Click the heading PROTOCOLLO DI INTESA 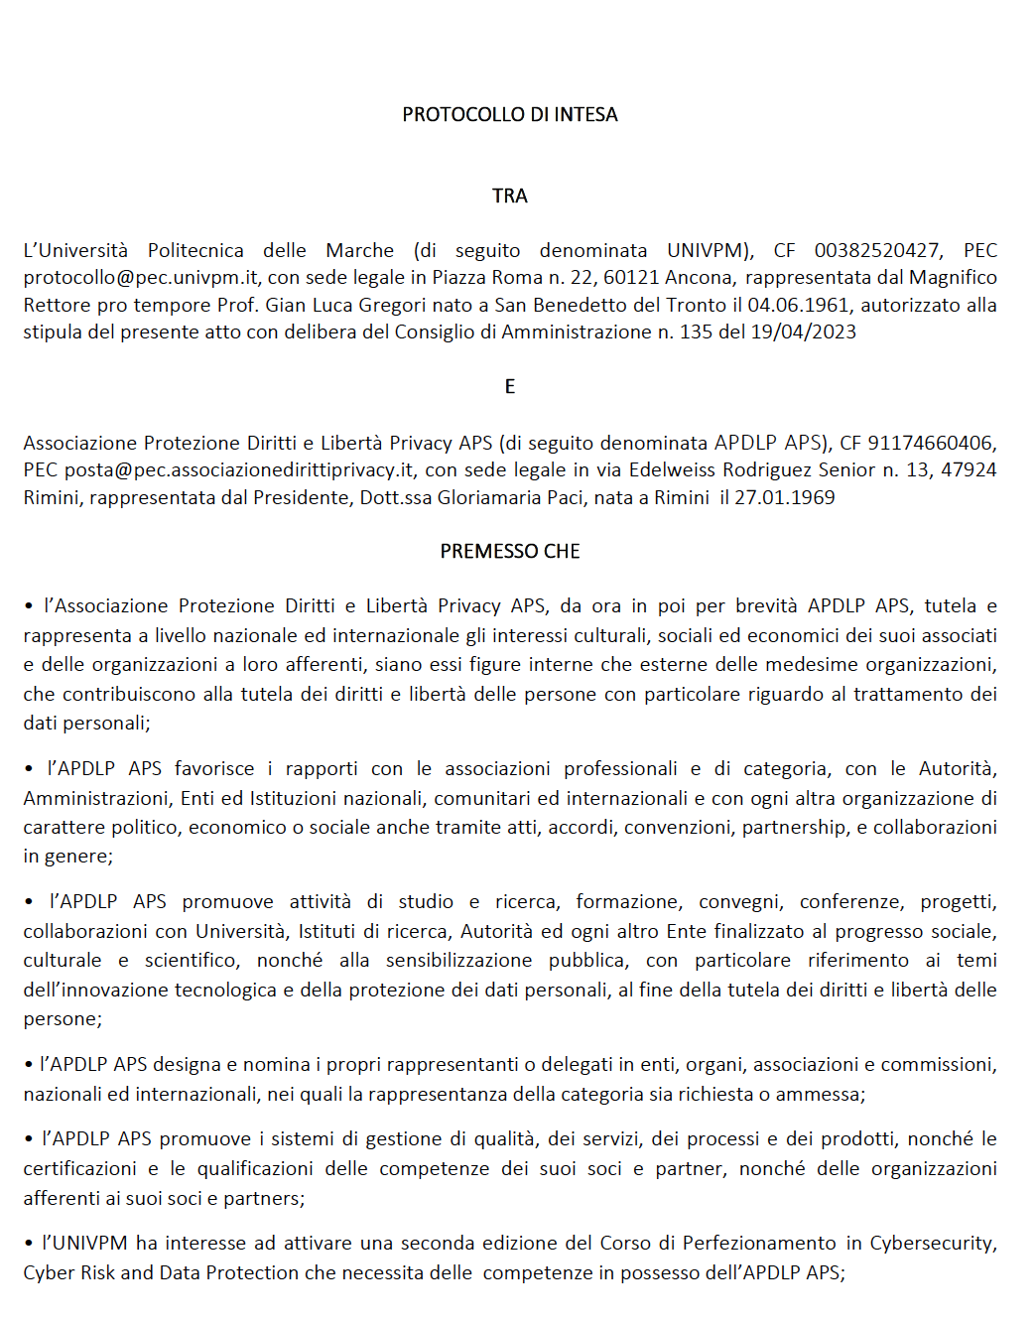[509, 115]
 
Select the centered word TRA [509, 197]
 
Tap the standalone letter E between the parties [509, 387]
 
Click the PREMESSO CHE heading [509, 552]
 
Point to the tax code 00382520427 [877, 251]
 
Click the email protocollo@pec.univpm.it [141, 278]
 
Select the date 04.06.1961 [799, 306]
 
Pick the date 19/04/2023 [803, 332]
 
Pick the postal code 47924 [968, 470]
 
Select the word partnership [795, 828]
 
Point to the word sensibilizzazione [458, 961]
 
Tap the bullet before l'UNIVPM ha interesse [29, 1244]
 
